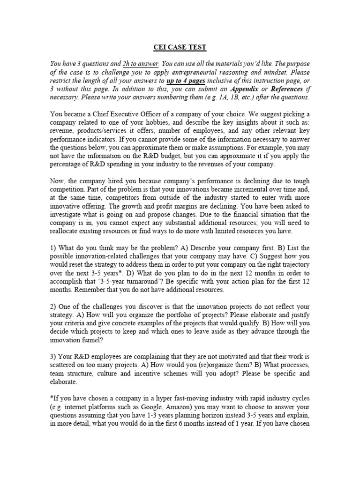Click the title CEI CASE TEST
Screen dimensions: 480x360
180,47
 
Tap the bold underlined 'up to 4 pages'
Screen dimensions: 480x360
186,80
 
